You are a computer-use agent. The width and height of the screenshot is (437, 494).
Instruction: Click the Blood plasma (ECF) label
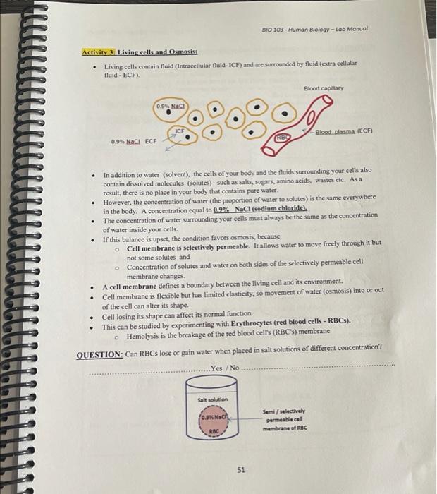(x=343, y=131)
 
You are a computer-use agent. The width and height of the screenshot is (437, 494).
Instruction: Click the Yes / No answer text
(x=226, y=367)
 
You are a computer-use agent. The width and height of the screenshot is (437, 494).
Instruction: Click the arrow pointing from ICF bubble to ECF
(x=168, y=145)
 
